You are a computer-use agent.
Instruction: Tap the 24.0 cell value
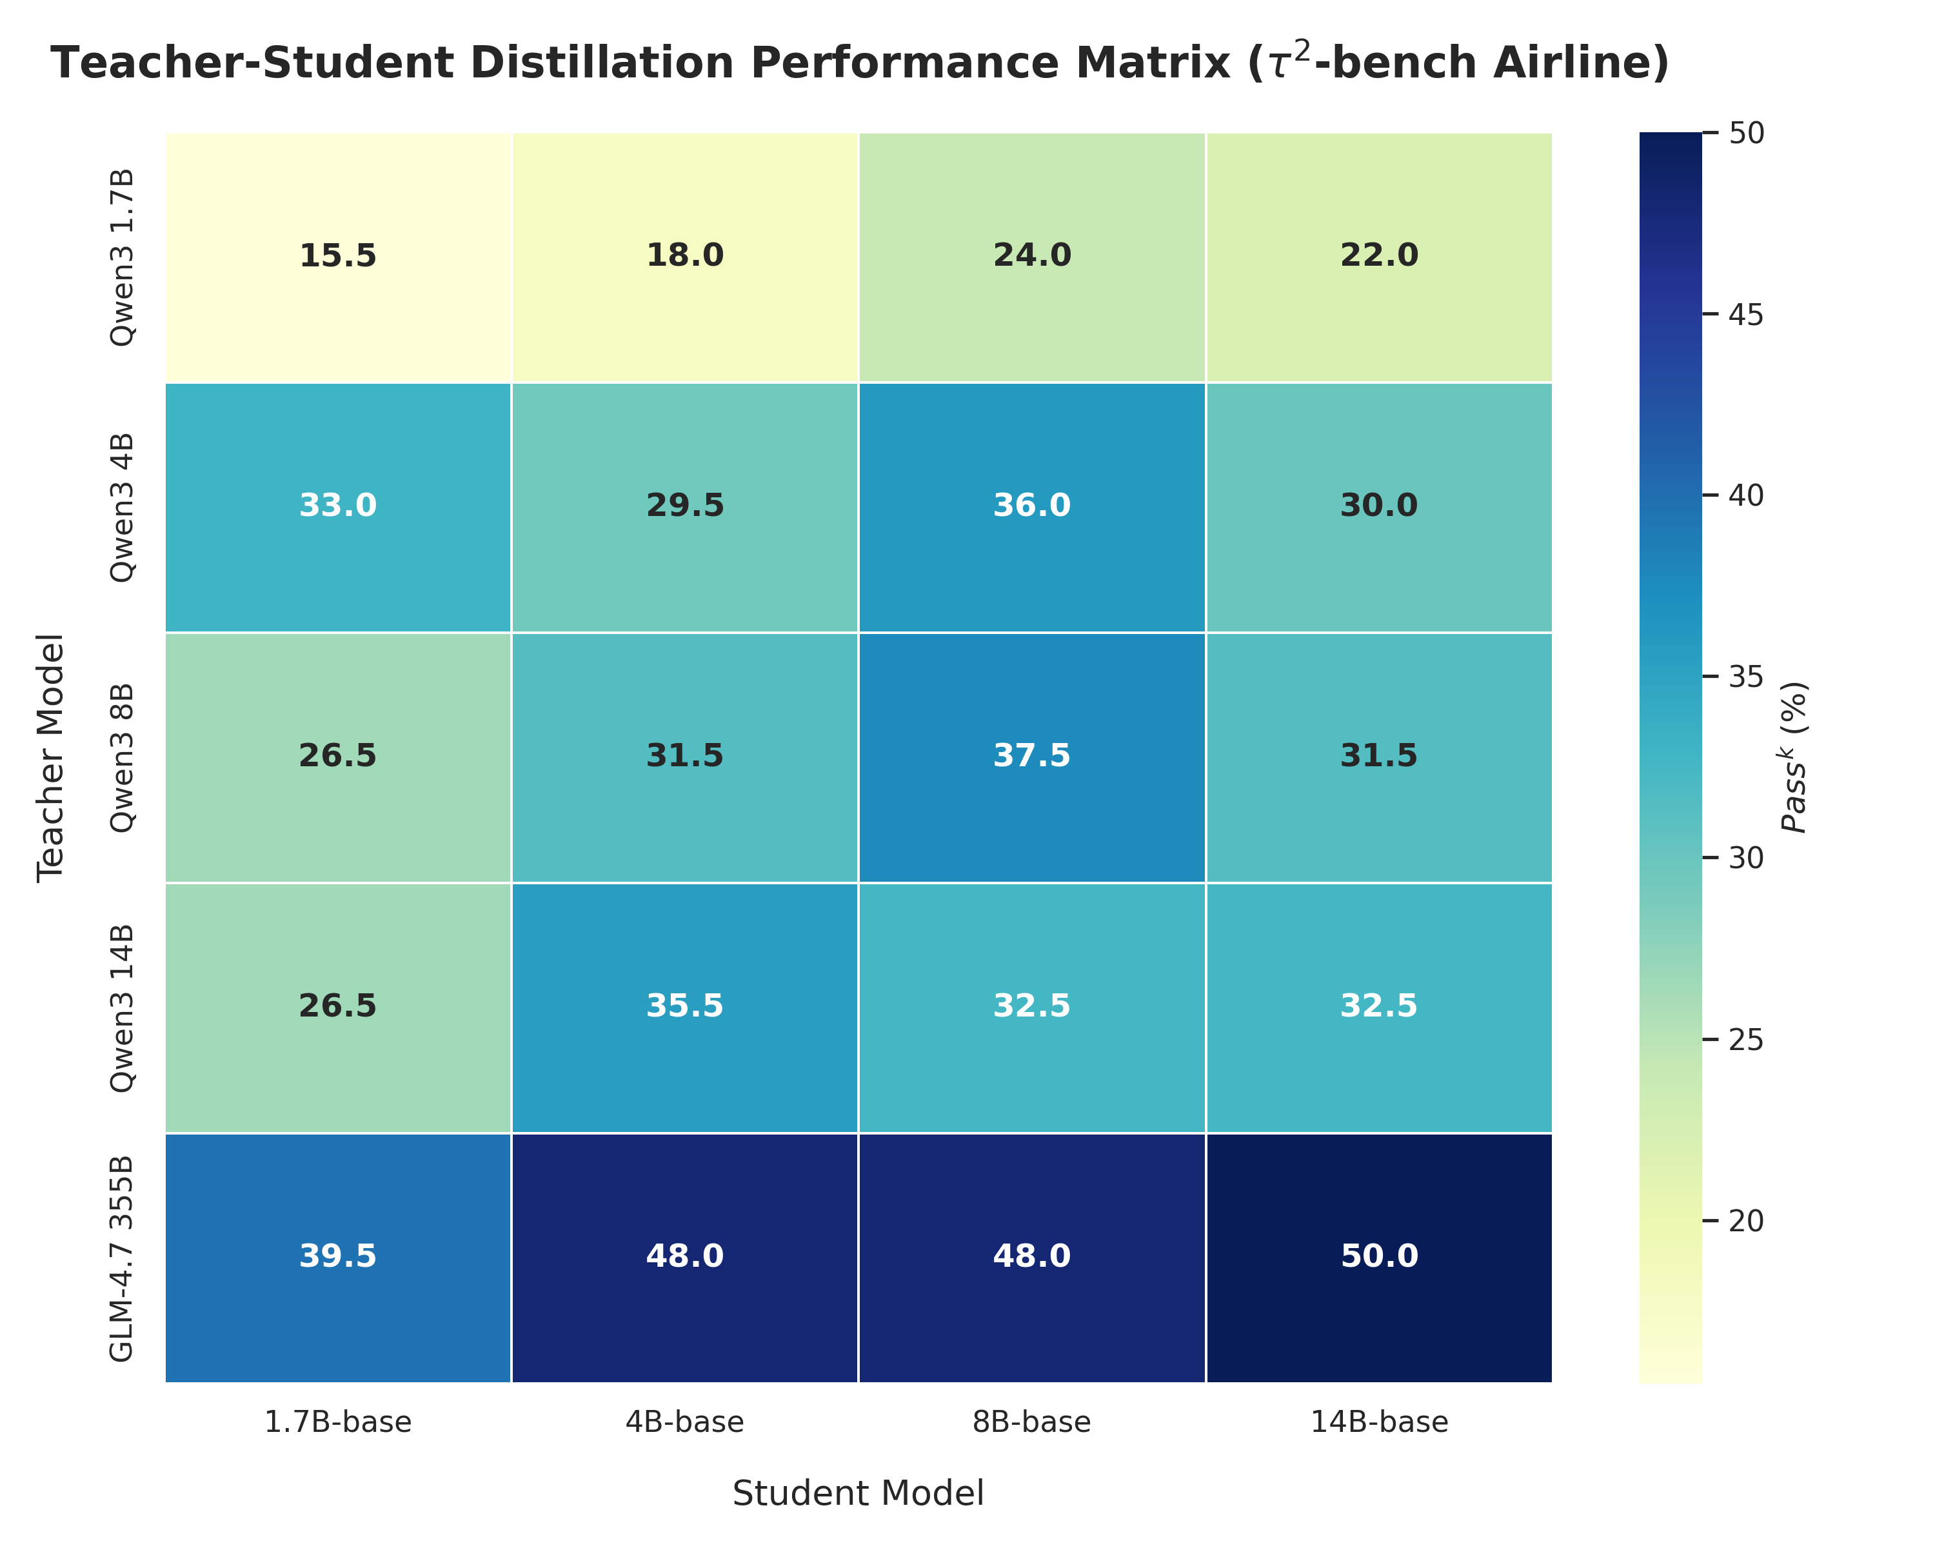1031,256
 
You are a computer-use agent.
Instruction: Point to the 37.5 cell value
1031,755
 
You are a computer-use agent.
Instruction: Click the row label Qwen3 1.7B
121,257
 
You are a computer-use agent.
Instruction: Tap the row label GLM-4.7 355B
121,1258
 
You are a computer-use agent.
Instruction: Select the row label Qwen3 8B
121,757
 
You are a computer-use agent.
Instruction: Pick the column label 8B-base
1031,1422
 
